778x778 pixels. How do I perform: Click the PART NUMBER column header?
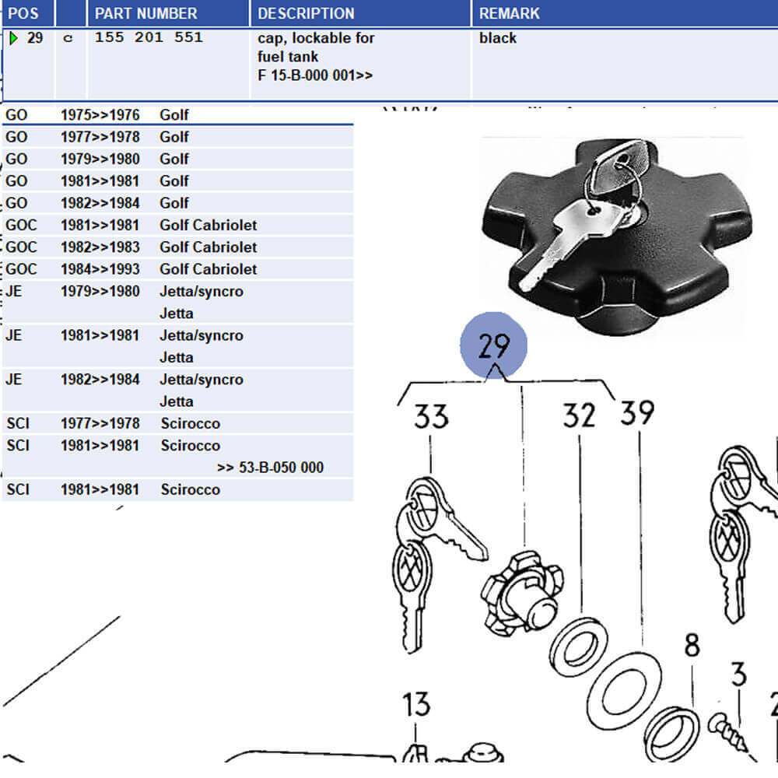pyautogui.click(x=145, y=13)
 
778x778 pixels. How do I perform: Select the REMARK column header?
pyautogui.click(x=509, y=13)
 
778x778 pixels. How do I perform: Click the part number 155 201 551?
pyautogui.click(x=149, y=37)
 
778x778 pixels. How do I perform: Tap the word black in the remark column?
pyautogui.click(x=498, y=37)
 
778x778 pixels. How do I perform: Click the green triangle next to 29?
pyautogui.click(x=13, y=37)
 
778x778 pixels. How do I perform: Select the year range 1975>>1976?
pyautogui.click(x=100, y=115)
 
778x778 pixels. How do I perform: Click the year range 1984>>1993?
pyautogui.click(x=100, y=269)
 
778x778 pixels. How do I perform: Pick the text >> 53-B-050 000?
pyautogui.click(x=270, y=468)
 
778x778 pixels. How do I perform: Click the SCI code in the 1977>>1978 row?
pyautogui.click(x=18, y=423)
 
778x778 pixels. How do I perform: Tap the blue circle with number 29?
pyautogui.click(x=494, y=345)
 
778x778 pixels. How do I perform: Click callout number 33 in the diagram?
pyautogui.click(x=430, y=417)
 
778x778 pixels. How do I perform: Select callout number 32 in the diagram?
pyautogui.click(x=580, y=415)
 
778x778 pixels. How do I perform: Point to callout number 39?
pyautogui.click(x=637, y=412)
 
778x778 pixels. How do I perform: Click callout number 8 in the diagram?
pyautogui.click(x=692, y=645)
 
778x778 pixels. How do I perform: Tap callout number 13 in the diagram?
pyautogui.click(x=416, y=705)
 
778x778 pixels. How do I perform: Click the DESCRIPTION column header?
pyautogui.click(x=306, y=13)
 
